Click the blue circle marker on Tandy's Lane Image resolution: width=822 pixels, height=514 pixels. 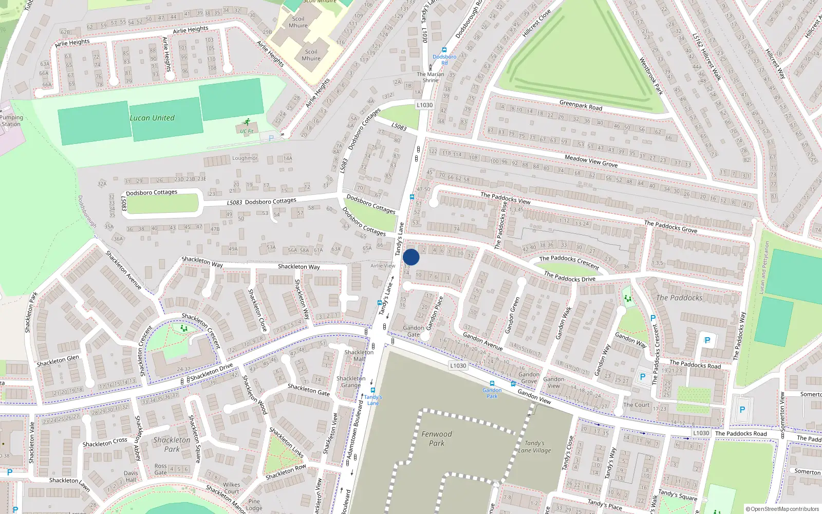411,257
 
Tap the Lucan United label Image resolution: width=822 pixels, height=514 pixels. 152,118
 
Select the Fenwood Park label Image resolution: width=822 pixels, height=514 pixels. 437,438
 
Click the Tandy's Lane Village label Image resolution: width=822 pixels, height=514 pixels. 534,447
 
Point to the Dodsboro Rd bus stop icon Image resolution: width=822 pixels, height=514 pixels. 444,50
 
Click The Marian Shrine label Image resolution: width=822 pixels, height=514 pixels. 431,77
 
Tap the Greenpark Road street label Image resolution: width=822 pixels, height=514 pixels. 581,105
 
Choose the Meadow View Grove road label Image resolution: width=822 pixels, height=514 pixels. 591,161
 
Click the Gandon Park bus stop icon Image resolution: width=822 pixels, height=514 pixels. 492,383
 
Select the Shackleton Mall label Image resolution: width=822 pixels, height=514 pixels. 359,356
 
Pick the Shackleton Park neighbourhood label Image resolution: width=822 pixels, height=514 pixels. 172,445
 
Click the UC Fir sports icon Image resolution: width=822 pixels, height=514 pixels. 247,122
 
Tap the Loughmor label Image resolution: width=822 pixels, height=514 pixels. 245,158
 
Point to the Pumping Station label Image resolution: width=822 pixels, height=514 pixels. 11,121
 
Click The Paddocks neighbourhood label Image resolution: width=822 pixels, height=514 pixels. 679,298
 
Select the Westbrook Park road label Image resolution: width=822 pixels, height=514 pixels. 651,76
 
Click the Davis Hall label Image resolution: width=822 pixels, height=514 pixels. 130,476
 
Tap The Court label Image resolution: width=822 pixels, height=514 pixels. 637,405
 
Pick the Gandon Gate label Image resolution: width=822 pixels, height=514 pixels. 414,331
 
